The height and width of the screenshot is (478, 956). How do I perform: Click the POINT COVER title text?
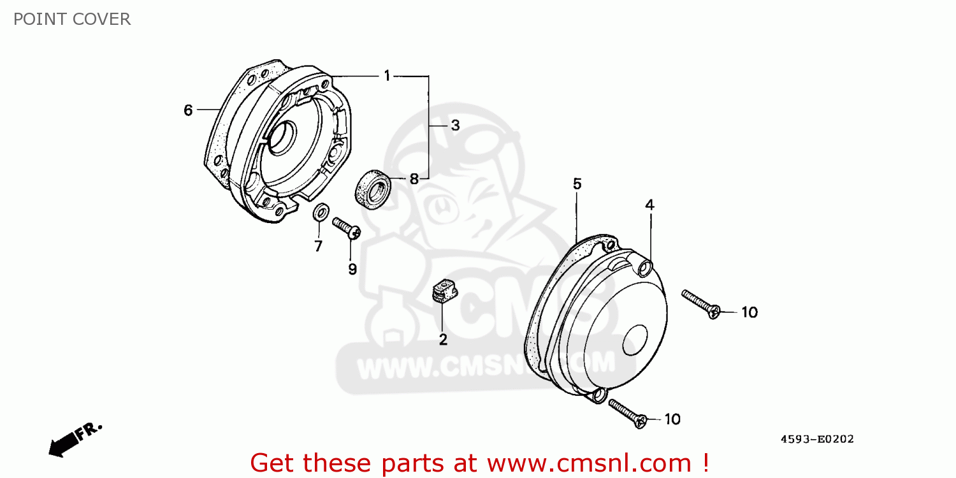click(72, 19)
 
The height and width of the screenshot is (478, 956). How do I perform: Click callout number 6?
click(188, 110)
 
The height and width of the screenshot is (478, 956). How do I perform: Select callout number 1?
click(387, 76)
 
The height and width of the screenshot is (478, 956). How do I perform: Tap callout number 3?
click(455, 126)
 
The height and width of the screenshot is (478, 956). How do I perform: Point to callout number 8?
click(414, 179)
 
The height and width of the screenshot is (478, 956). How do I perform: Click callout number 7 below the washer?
click(318, 246)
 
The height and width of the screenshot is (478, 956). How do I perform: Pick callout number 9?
click(352, 269)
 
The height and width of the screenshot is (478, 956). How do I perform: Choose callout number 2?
click(443, 340)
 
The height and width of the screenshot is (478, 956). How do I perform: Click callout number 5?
click(577, 184)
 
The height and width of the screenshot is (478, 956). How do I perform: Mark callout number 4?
click(649, 205)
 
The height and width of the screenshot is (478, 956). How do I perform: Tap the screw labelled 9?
click(347, 228)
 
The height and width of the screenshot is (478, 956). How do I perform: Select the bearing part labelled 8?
click(372, 189)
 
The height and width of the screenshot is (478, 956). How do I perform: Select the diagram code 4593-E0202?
click(817, 439)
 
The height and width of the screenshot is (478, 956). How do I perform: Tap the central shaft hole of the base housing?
click(281, 137)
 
